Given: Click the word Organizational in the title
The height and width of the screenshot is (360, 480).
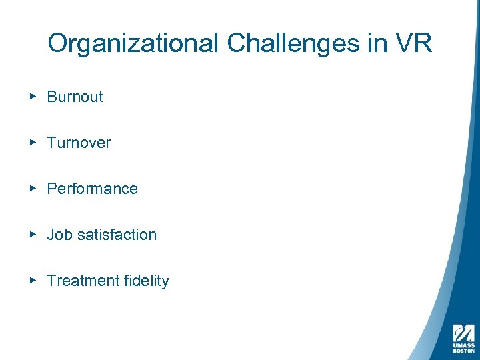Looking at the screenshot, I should [133, 44].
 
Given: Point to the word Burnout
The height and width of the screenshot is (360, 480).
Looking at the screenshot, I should [75, 97].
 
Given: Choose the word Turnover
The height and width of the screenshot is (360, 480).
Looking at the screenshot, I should [79, 143].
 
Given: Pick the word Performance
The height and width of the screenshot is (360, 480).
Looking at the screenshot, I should [92, 189].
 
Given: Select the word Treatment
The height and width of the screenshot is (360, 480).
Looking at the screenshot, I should [74, 281].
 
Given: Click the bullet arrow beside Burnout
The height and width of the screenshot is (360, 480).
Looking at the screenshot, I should [33, 96].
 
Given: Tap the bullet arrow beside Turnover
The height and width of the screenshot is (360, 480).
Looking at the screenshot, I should [33, 142].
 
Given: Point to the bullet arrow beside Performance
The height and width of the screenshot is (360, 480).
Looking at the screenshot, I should [33, 188].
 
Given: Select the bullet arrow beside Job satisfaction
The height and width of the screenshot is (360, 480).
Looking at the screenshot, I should [33, 234].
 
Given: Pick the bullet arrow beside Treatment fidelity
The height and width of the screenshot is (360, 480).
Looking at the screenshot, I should [33, 280].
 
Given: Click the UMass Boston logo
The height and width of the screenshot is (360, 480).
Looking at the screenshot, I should [463, 333].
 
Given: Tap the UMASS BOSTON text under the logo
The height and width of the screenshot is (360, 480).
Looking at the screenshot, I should [463, 347].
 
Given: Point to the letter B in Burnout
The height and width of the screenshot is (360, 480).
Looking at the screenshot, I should [51, 97].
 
